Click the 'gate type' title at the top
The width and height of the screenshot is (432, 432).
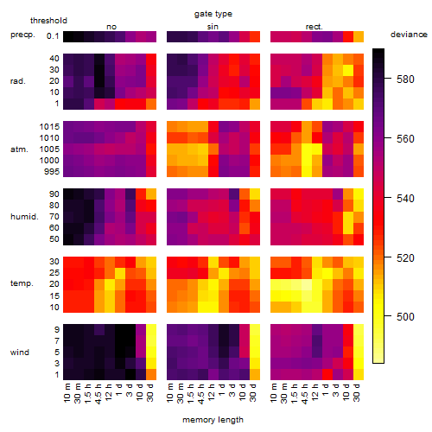[x=213, y=14]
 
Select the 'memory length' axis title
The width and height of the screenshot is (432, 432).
[x=213, y=420]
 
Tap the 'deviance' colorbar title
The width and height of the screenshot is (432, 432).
[x=409, y=35]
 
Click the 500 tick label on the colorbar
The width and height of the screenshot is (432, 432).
[x=405, y=317]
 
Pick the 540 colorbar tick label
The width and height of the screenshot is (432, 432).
[x=405, y=198]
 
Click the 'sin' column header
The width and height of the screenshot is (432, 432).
[x=213, y=27]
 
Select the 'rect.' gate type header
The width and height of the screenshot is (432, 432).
[x=314, y=27]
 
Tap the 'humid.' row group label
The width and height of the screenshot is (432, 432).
[x=24, y=217]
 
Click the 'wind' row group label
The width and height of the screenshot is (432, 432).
[x=20, y=353]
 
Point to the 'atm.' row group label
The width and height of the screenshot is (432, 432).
[x=19, y=149]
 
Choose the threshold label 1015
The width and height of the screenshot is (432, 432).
[x=49, y=127]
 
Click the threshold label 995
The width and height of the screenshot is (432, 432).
[x=52, y=172]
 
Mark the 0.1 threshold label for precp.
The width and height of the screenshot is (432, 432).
[x=53, y=36]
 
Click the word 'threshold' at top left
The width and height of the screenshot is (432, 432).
[x=48, y=21]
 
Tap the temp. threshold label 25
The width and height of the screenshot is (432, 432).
[x=54, y=273]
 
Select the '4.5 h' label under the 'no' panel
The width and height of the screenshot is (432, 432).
[x=98, y=394]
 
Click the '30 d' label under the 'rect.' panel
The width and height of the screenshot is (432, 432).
[x=357, y=392]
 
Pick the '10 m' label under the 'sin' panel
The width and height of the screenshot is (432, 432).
[x=170, y=393]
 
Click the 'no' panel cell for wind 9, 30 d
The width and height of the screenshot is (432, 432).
[x=151, y=330]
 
